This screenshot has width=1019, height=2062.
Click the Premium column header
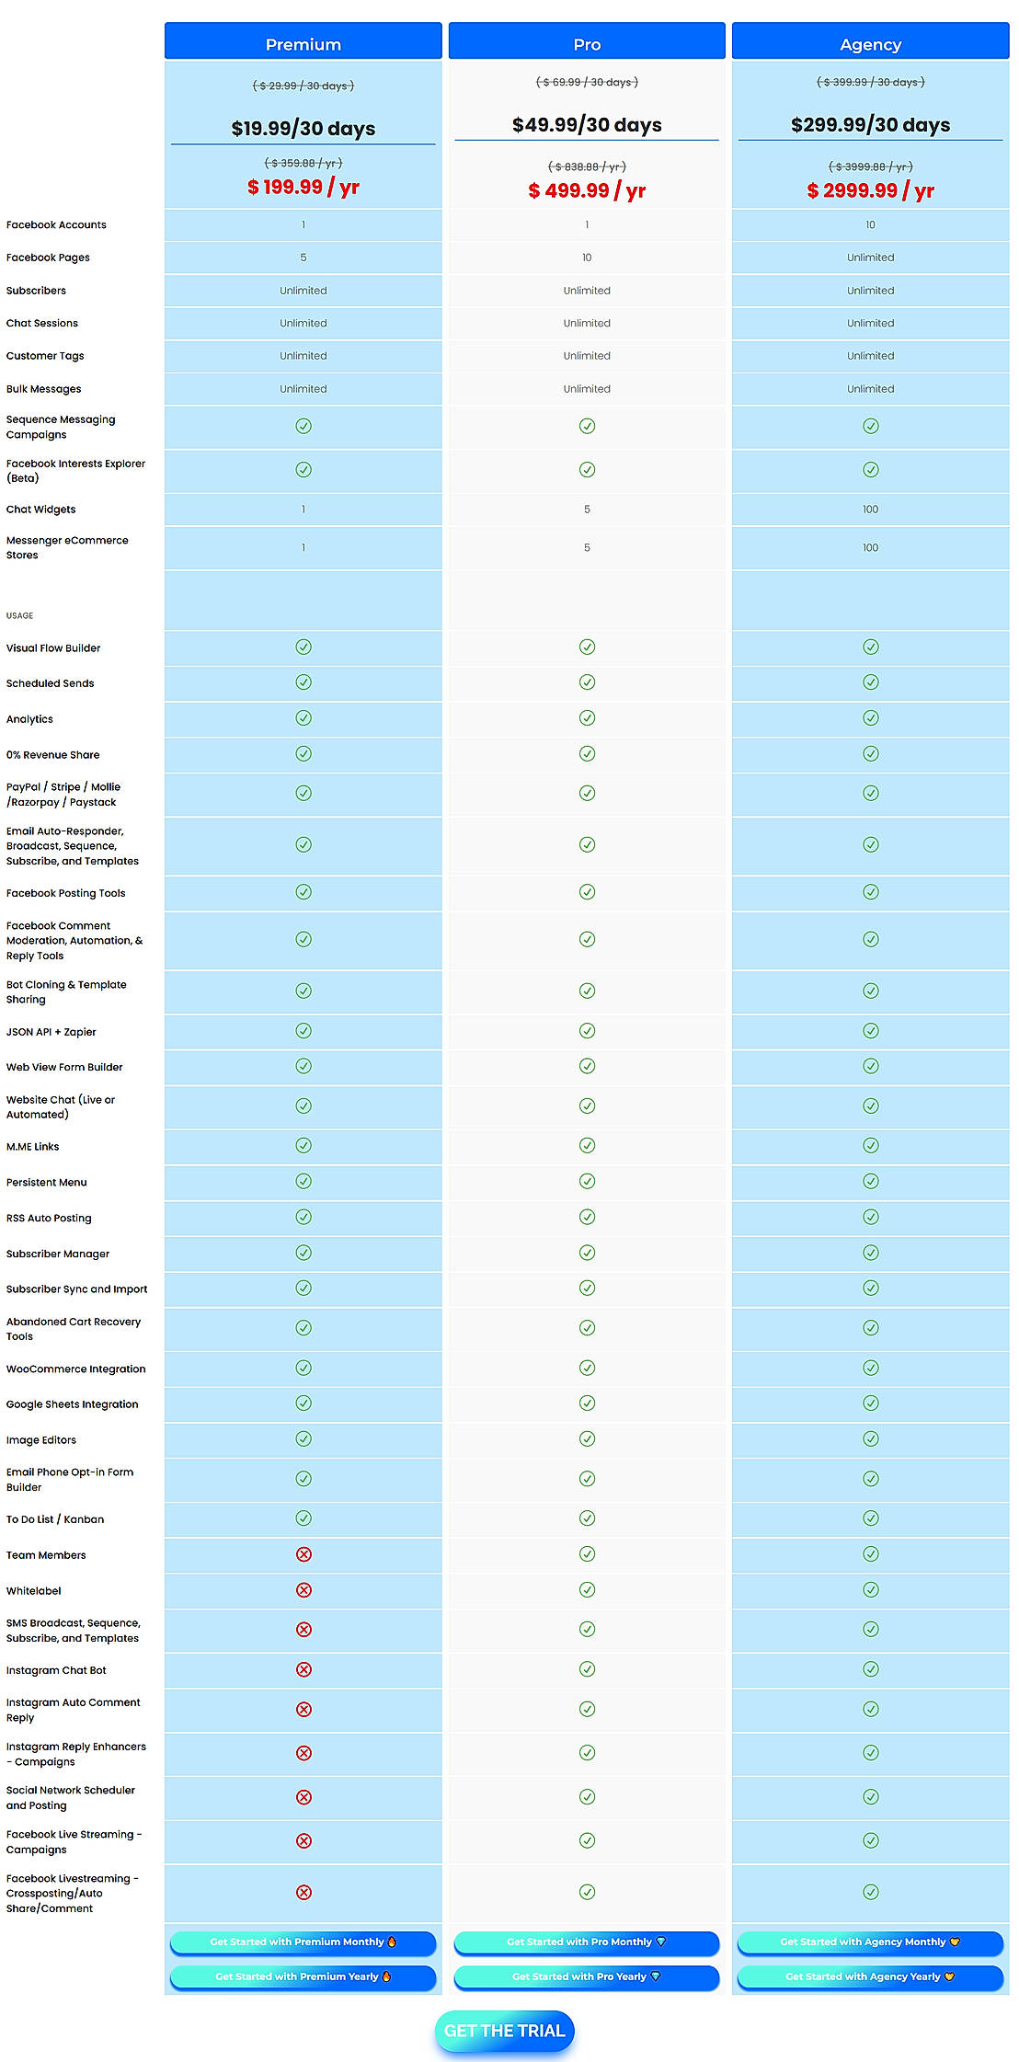coord(303,44)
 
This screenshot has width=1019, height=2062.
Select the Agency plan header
coord(870,44)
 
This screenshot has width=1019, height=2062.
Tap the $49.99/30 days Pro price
coord(587,125)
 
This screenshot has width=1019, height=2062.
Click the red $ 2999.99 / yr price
coord(870,190)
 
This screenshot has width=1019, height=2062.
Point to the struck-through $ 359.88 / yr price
coord(303,163)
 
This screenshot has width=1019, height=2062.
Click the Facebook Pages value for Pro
coord(587,258)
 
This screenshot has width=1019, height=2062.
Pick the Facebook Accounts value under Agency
coord(870,224)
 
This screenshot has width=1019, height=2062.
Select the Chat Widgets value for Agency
coord(870,510)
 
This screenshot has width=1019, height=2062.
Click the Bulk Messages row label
coord(44,389)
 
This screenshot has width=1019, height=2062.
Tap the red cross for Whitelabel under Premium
coord(303,1590)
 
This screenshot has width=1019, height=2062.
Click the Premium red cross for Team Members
coord(303,1554)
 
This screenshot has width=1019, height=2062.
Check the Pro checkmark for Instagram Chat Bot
coord(587,1669)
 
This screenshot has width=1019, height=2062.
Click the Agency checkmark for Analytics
coord(870,718)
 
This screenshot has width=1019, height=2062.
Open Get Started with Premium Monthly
coord(303,1942)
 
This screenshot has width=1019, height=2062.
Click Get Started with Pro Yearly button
coord(586,1976)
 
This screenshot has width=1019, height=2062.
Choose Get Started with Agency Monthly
coord(869,1942)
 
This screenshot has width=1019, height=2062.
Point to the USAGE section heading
coord(19,616)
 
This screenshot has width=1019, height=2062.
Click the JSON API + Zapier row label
coord(52,1032)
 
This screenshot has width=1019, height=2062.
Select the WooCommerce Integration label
coord(76,1369)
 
